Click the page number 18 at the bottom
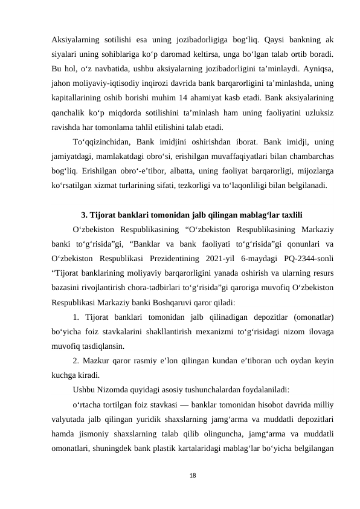pyautogui.click(x=180, y=476)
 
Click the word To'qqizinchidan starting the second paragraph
pyautogui.click(x=101, y=142)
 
